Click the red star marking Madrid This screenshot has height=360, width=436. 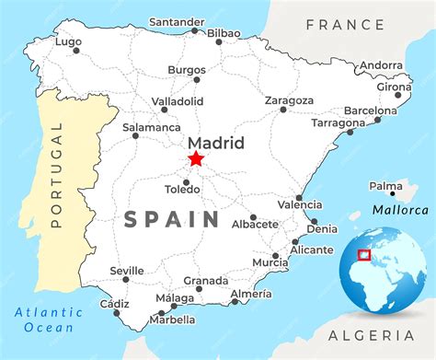tap(196, 159)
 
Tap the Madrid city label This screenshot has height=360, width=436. tap(215, 143)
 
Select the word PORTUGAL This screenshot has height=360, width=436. tap(55, 175)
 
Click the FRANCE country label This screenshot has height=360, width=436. tap(347, 24)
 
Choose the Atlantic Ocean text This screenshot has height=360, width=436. tap(49, 319)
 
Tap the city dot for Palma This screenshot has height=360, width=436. tap(393, 194)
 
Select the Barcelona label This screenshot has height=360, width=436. tap(370, 110)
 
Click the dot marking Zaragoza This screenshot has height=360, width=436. tap(283, 110)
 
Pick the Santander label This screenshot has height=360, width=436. tap(177, 21)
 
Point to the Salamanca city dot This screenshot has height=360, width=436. tap(135, 136)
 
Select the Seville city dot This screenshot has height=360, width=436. tap(126, 279)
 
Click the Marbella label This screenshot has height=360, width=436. tap(175, 319)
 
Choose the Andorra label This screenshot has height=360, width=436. tap(381, 65)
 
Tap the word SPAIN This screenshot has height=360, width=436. tap(171, 219)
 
